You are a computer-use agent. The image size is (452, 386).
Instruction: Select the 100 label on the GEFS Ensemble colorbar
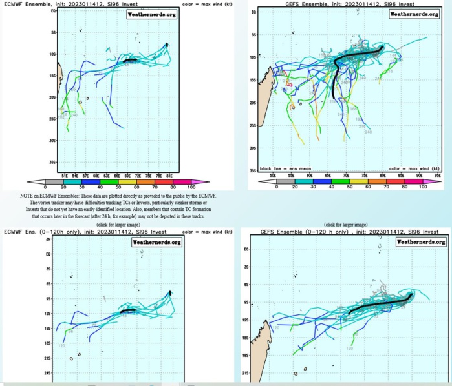point(422,187)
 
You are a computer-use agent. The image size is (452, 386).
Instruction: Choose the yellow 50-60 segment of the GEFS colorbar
point(357,181)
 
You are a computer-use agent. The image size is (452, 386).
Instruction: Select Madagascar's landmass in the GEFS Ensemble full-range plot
point(264,103)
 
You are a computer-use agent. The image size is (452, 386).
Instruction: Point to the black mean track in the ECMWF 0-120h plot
point(128,310)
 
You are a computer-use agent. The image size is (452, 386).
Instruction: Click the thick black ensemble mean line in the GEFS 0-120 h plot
point(382,302)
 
